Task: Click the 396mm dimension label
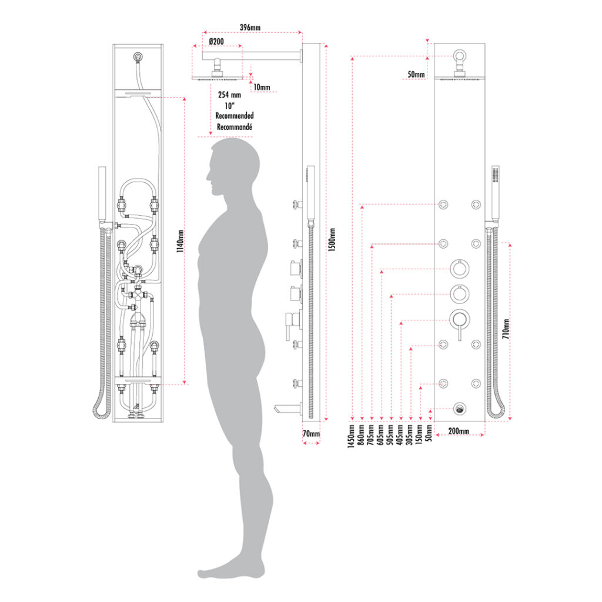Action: pos(250,28)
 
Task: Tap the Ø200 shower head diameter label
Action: pos(216,41)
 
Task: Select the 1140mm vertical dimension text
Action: pos(180,241)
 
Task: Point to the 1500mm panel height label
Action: pos(332,240)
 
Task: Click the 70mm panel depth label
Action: pos(311,434)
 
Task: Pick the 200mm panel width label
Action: pos(459,431)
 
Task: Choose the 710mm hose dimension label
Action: pos(506,329)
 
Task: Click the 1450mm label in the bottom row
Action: pos(351,436)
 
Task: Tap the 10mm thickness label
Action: pos(262,87)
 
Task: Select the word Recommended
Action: pos(234,116)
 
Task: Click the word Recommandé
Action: pos(234,127)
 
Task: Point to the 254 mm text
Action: pos(230,95)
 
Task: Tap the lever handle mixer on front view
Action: pos(460,323)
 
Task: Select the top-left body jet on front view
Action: pos(443,205)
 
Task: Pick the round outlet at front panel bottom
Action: pos(460,409)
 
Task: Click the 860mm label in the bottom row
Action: pos(360,435)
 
